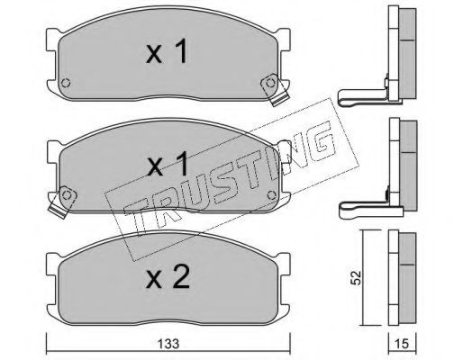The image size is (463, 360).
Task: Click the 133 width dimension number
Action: click(x=168, y=344)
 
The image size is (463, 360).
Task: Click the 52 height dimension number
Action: click(x=357, y=278)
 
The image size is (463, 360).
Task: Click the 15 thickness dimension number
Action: click(x=403, y=344)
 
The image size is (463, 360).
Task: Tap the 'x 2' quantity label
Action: click(x=168, y=277)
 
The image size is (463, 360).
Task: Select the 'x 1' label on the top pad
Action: click(x=167, y=51)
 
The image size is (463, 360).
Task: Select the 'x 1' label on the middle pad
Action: click(x=168, y=164)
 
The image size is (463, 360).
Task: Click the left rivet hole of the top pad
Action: click(x=66, y=83)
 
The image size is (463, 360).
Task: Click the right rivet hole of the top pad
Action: click(x=270, y=83)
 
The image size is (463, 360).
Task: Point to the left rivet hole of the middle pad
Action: click(x=67, y=195)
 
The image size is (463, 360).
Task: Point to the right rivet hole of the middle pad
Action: click(x=272, y=195)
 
